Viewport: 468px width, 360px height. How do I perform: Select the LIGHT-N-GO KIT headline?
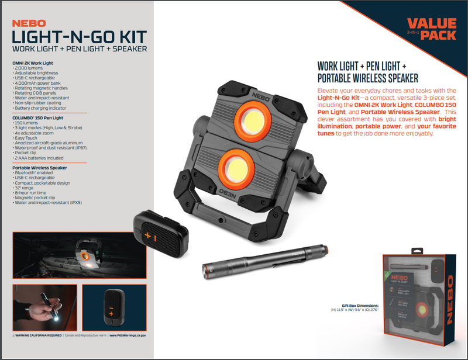tap(79, 36)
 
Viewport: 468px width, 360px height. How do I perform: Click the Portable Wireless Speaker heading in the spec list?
tap(39, 168)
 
